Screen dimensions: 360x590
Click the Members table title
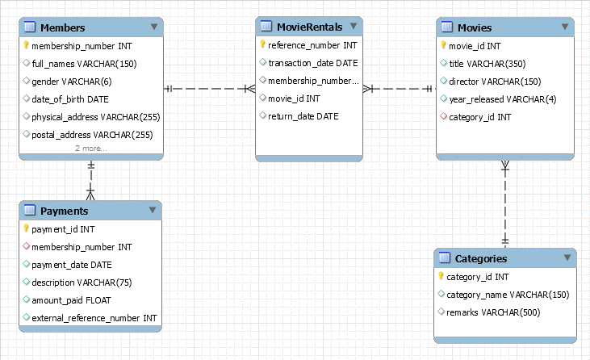click(62, 27)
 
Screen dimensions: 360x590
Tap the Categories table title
click(481, 258)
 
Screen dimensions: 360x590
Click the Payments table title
click(65, 211)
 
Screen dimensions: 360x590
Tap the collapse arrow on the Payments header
click(153, 210)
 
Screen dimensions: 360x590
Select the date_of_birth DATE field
click(70, 98)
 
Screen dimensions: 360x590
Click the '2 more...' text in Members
click(91, 149)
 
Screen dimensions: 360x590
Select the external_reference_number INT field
click(94, 318)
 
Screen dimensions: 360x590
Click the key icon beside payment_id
click(27, 228)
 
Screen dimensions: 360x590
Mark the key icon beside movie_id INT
click(443, 46)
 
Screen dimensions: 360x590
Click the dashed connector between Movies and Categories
click(506, 206)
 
